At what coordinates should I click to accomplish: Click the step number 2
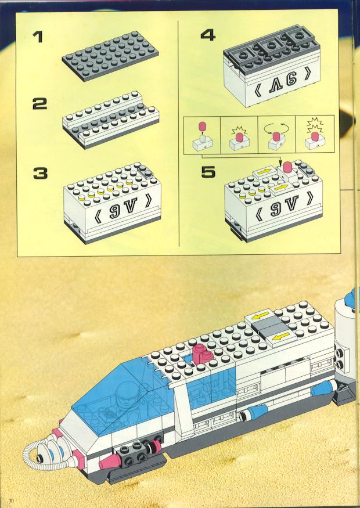[x=40, y=104]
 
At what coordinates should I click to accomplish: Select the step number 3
[x=40, y=174]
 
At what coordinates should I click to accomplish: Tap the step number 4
[x=208, y=35]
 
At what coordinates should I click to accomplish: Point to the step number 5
[x=208, y=172]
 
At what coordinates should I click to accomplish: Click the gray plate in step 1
[x=110, y=55]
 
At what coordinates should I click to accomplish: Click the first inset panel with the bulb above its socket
[x=202, y=135]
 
